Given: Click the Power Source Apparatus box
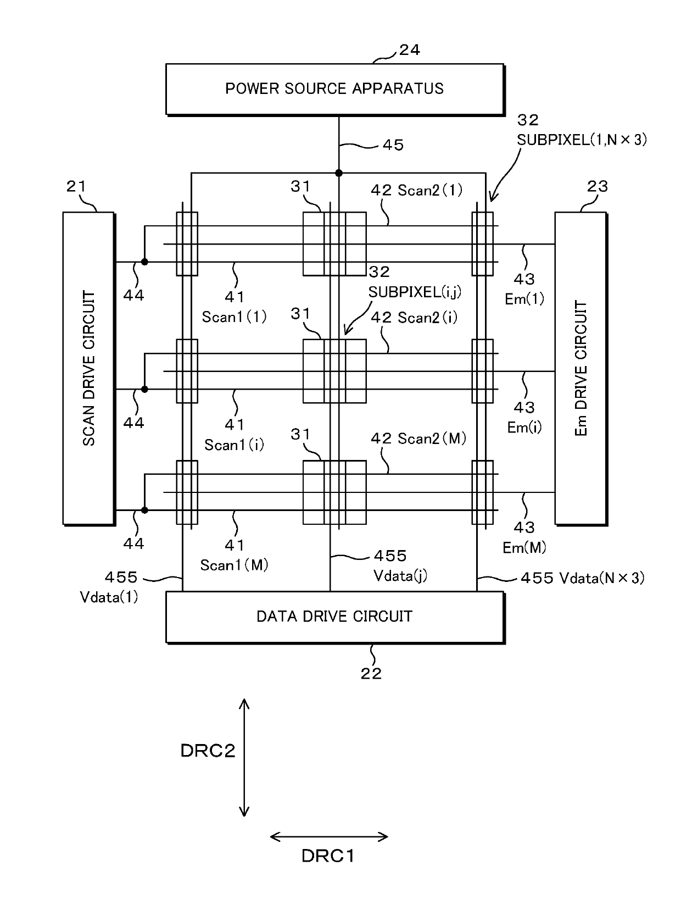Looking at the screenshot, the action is [335, 90].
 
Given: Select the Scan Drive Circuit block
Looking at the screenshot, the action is [89, 369].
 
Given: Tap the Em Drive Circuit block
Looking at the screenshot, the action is [581, 369].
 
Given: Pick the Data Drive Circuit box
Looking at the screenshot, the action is [335, 617].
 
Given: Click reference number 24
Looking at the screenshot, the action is [410, 50].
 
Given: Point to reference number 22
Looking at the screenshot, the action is [371, 674].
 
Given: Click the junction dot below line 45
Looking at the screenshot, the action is [339, 173].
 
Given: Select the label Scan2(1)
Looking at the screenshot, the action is [430, 190].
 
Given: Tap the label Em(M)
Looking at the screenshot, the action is [524, 548].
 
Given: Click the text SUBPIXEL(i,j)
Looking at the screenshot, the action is [415, 293].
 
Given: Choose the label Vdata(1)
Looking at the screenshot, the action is [109, 597].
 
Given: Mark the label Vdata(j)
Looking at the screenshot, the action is [400, 575].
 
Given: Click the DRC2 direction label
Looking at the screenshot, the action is [208, 751].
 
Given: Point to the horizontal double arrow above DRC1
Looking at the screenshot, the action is [329, 837].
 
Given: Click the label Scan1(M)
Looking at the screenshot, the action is [234, 565].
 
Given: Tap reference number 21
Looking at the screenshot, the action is [76, 186].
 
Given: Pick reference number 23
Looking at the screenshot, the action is [598, 186].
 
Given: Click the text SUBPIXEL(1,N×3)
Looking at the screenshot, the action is [582, 140].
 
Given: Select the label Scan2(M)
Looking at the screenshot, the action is [432, 439].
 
